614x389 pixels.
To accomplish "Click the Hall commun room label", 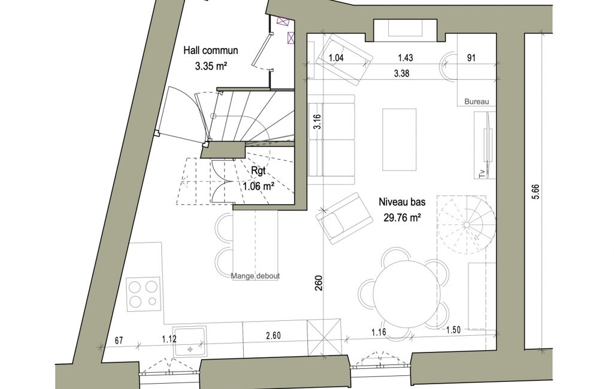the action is coord(211,50).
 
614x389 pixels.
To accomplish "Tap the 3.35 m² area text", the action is coord(211,66).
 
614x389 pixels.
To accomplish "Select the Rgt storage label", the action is coord(258,171).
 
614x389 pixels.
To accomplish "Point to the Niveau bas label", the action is coord(402,202).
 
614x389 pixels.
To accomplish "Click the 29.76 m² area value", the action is coord(402,218).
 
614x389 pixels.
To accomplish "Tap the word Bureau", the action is coord(477,102).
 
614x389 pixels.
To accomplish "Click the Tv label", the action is coord(482,174).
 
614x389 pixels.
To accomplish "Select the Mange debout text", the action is coord(255,276).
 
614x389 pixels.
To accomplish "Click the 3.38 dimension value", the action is coord(402,73).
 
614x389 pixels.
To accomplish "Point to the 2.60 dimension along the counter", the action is coord(273,336).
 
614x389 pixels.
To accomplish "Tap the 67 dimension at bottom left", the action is coord(119,341).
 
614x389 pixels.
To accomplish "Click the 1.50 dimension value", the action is coord(453,330).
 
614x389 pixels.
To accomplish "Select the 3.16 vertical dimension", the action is coord(317,121).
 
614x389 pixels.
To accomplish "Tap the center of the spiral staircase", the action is coord(467,224).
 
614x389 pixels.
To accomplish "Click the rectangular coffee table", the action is coord(399,139).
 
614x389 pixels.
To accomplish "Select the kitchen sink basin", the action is coord(190,341).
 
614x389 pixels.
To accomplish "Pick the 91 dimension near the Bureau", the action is coord(471,58).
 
